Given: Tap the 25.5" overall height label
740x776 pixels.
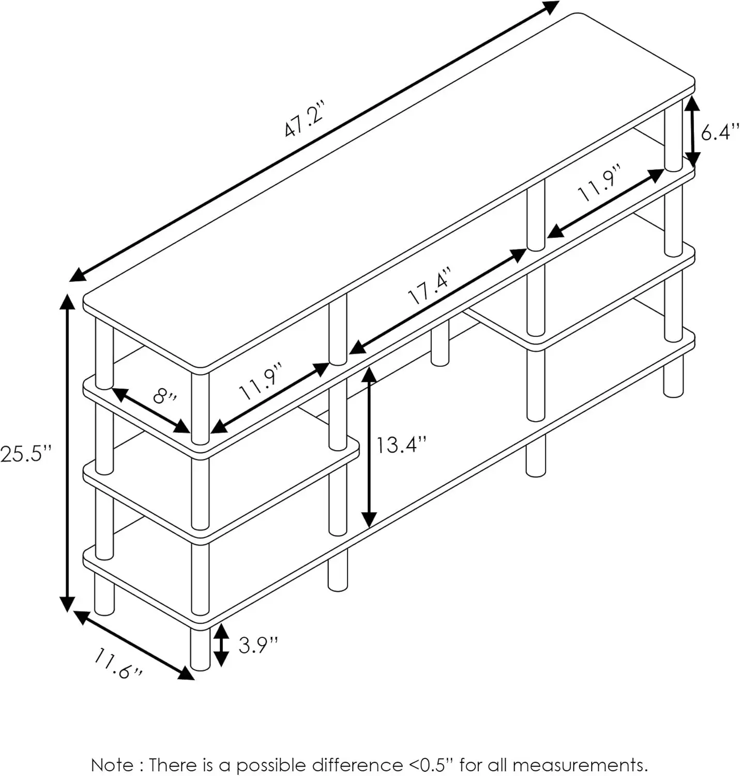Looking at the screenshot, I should tap(26, 454).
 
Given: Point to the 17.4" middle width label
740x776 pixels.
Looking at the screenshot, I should tap(430, 286).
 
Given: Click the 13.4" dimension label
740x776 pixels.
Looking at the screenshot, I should tap(401, 445).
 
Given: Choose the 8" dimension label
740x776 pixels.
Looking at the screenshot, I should tap(165, 397).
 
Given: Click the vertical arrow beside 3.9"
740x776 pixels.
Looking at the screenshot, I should tap(221, 645).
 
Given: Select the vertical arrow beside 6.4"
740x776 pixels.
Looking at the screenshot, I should tap(692, 131).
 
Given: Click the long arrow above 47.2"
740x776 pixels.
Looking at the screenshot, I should tap(314, 141).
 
